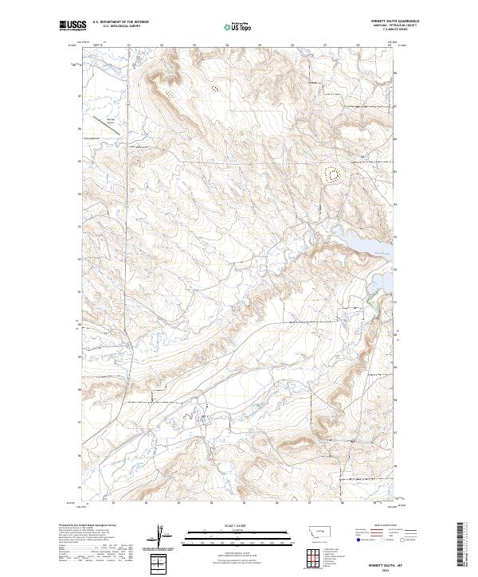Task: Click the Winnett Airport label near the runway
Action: (111, 120)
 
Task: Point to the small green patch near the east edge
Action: (371, 301)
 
